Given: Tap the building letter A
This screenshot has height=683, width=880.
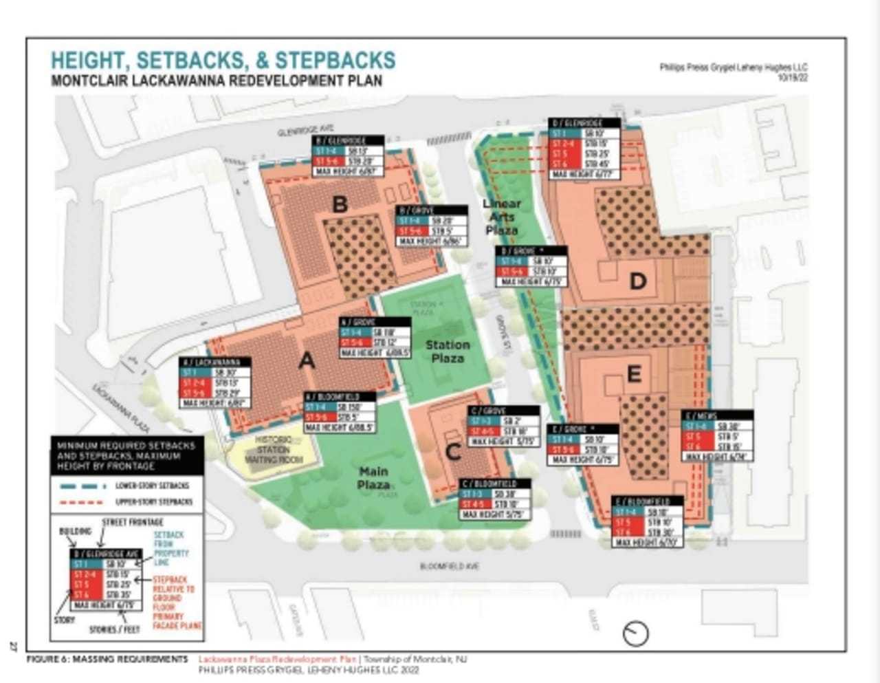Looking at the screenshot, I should [x=307, y=360].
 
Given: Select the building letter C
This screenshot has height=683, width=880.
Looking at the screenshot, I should [x=453, y=452].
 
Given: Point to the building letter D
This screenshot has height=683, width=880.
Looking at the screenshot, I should [x=638, y=281].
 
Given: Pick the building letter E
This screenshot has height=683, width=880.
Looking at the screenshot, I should [x=634, y=373].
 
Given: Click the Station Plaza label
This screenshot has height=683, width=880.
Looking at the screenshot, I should [x=448, y=351].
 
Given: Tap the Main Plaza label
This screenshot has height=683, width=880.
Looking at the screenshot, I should [x=373, y=478].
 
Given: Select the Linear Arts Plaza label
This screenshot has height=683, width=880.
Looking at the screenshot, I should [x=502, y=216].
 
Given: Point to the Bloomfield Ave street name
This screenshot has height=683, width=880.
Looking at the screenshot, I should [x=450, y=566].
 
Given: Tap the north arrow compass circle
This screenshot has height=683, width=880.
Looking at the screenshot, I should [x=636, y=633].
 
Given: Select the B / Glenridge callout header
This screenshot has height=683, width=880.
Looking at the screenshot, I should [x=349, y=141].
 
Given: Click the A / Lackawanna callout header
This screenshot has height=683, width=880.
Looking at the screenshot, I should [x=215, y=362].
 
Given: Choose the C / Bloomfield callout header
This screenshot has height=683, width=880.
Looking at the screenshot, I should [x=495, y=484].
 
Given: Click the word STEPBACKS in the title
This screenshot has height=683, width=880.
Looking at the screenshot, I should [x=335, y=60].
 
